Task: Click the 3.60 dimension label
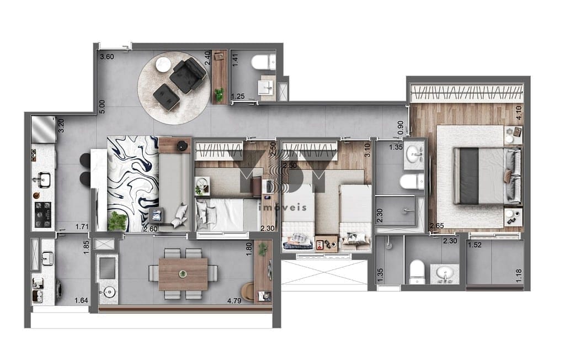coord(107,57)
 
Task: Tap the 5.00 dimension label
coord(102,107)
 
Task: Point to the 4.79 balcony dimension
coord(234,300)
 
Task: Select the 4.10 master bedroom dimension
coord(519,113)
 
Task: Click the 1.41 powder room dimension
coord(235,60)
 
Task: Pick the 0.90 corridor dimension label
coord(401,128)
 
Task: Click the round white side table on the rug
coord(163,65)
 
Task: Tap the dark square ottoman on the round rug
coord(166,96)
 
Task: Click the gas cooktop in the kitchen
coord(42,215)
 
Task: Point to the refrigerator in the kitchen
coord(43,129)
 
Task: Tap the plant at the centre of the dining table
coord(183,274)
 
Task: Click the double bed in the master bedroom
coord(487,176)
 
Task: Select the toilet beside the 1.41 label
coord(263,62)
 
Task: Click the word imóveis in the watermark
coord(283,207)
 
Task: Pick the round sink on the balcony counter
coord(109,292)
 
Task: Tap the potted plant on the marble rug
coord(118,221)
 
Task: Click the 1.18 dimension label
coord(519,276)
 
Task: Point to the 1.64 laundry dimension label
coord(82,300)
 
